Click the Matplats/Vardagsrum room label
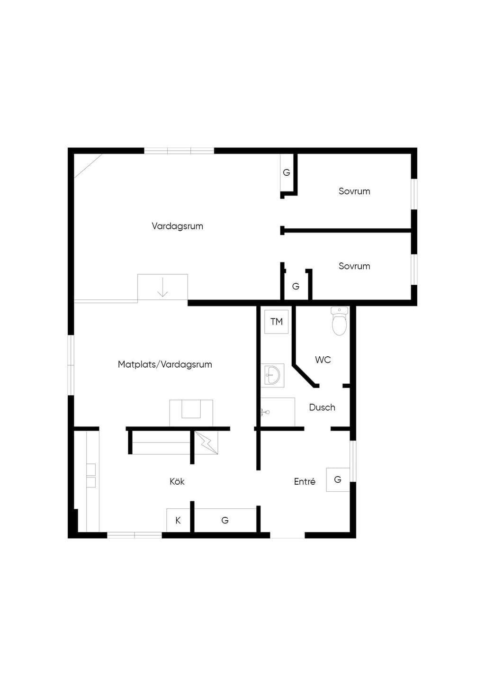pyautogui.click(x=165, y=364)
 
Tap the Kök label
pyautogui.click(x=177, y=481)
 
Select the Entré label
pyautogui.click(x=305, y=481)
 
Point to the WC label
pyautogui.click(x=323, y=360)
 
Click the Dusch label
pyautogui.click(x=322, y=407)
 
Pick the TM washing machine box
pyautogui.click(x=277, y=322)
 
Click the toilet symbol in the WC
pyautogui.click(x=339, y=321)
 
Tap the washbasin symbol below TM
pyautogui.click(x=272, y=376)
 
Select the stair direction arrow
pyautogui.click(x=162, y=287)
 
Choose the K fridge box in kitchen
pyautogui.click(x=178, y=520)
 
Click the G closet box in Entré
pyautogui.click(x=338, y=479)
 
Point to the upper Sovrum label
pyautogui.click(x=354, y=191)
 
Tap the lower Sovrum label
pyautogui.click(x=354, y=266)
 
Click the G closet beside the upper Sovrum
pyautogui.click(x=287, y=172)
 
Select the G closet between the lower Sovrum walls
pyautogui.click(x=296, y=286)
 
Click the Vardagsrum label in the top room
pyautogui.click(x=177, y=226)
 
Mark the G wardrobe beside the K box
pyautogui.click(x=225, y=520)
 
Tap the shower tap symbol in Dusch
pyautogui.click(x=265, y=412)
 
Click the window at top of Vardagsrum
pyautogui.click(x=179, y=151)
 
